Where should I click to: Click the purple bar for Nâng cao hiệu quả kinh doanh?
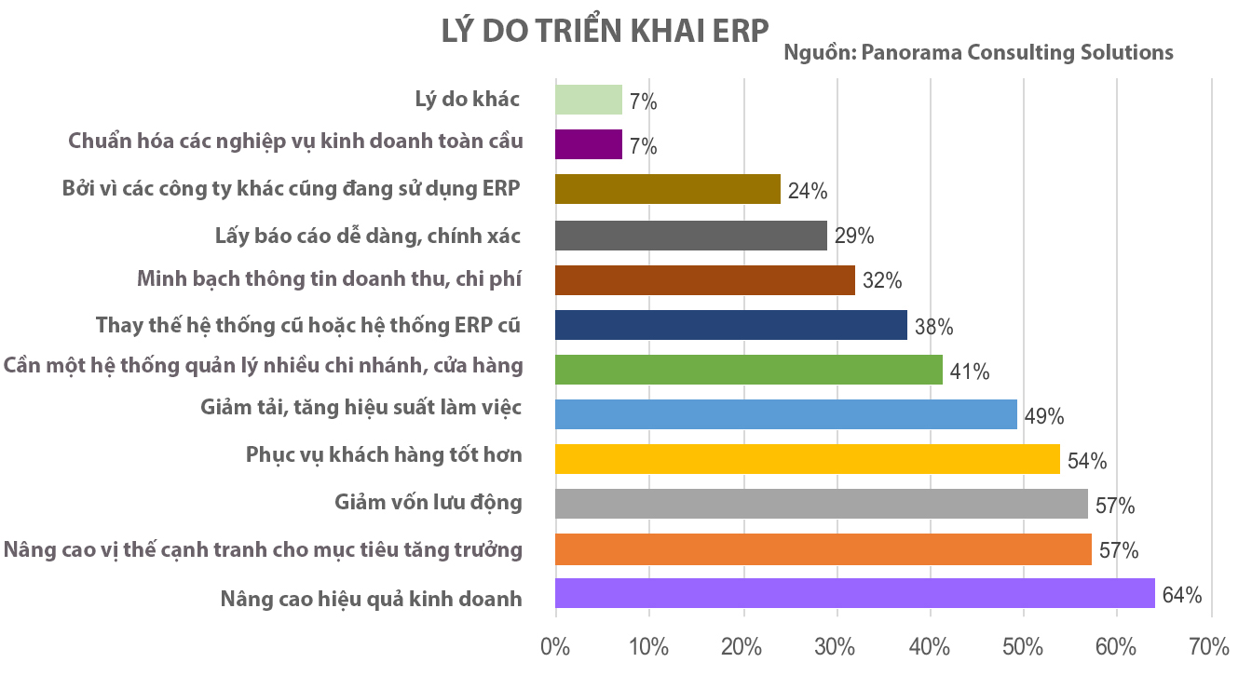pos(854,593)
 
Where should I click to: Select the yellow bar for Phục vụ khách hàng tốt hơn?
pos(807,459)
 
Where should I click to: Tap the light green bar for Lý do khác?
pos(588,100)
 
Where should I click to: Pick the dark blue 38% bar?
pos(730,325)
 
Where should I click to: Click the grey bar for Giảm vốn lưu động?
pos(821,504)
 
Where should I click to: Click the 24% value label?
pos(808,192)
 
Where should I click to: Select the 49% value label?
pos(1044,416)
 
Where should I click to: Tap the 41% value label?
pos(970,372)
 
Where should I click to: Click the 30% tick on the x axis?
pos(837,646)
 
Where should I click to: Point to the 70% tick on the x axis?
pos(1210,646)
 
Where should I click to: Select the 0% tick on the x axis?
pos(555,646)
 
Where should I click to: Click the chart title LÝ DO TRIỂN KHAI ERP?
pos(606,30)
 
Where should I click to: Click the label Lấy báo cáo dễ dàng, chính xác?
pos(367,235)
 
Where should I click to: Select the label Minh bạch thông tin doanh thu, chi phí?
pos(329,278)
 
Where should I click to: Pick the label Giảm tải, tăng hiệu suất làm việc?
pos(361,407)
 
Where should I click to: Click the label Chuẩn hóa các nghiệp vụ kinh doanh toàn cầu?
pos(295,142)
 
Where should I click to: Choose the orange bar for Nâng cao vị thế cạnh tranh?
pos(823,549)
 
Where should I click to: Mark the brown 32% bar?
pos(704,280)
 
